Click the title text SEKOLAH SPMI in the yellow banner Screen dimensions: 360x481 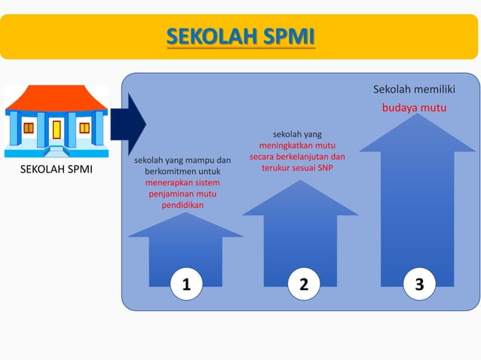[x=240, y=36]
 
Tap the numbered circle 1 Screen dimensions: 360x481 [x=185, y=284]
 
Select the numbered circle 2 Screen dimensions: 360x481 [x=304, y=284]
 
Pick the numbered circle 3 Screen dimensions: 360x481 [x=419, y=284]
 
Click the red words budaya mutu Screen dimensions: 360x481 [x=414, y=108]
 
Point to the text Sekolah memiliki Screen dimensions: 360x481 [x=414, y=90]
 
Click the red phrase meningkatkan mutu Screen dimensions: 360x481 [x=297, y=145]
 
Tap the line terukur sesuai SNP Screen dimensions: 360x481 [x=297, y=168]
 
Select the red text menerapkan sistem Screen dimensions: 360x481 [x=182, y=182]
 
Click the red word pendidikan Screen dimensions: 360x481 [x=182, y=205]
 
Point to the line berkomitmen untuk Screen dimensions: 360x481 [x=182, y=171]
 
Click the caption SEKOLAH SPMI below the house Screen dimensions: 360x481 [x=56, y=169]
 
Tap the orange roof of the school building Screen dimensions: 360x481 [x=56, y=98]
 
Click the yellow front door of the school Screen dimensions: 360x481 [x=57, y=130]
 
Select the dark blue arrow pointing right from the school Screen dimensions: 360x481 [x=128, y=124]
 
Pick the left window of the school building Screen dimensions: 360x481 [x=29, y=127]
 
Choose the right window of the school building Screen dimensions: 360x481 [x=84, y=127]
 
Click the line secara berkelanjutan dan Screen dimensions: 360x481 [x=297, y=157]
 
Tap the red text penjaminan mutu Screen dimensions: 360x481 [x=182, y=194]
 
